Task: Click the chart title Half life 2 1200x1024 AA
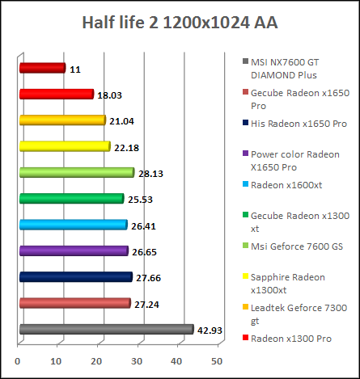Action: coord(180,22)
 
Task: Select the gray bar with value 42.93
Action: coord(106,329)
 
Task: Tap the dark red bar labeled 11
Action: coord(41,69)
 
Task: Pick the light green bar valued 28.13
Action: coord(76,172)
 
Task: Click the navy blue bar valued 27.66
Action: coord(75,277)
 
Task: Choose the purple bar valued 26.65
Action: coord(73,251)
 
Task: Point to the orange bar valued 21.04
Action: coord(61,120)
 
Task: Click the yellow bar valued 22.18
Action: coord(64,146)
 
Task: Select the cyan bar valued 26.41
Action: coord(73,225)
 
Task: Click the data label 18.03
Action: coord(109,95)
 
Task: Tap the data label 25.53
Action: coord(139,200)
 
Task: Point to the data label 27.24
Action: coord(146,305)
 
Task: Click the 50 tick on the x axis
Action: coord(217,360)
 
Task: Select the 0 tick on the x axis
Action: coord(19,360)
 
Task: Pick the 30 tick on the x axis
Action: coord(138,360)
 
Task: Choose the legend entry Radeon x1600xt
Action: coord(288,184)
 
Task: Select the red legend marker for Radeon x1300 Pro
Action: coord(245,339)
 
